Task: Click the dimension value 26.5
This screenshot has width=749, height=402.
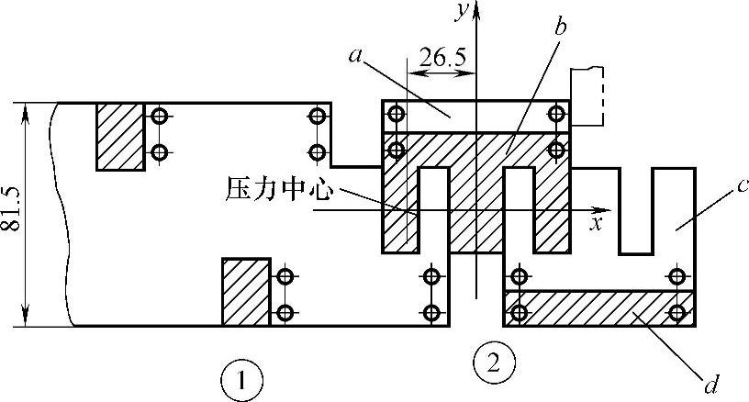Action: pos(442,59)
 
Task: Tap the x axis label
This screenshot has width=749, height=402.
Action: pos(596,223)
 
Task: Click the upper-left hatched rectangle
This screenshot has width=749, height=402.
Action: pos(120,136)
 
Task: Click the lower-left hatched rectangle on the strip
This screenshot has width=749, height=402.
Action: pos(245,291)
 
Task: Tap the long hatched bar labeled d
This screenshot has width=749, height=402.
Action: pos(597,307)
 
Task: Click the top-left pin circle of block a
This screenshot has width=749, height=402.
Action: pos(397,115)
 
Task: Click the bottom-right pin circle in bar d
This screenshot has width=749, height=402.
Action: pos(677,313)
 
